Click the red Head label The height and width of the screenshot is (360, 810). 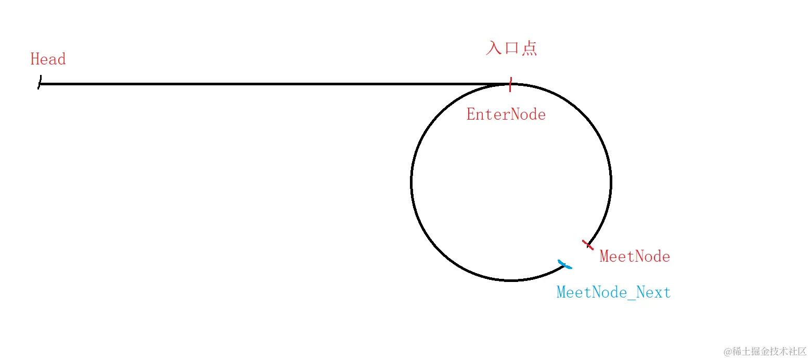(x=48, y=59)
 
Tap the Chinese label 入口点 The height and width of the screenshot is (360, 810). (x=511, y=48)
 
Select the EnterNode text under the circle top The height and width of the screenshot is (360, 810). (x=506, y=114)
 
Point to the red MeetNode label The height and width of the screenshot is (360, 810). (x=635, y=256)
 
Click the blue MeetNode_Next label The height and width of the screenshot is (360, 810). (x=613, y=292)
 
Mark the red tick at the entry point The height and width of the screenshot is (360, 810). (x=510, y=84)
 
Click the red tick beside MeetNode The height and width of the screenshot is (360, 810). (x=587, y=245)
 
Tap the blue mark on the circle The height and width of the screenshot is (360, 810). (x=564, y=264)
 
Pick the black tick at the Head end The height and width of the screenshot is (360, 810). (x=40, y=83)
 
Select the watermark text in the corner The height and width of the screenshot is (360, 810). (x=765, y=351)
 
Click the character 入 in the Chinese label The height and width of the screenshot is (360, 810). (x=494, y=48)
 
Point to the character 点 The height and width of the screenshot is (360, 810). (x=529, y=48)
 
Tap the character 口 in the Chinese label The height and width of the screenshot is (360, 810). (x=511, y=48)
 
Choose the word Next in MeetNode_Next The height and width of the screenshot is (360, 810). (x=653, y=292)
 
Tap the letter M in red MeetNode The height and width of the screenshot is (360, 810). (x=605, y=256)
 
